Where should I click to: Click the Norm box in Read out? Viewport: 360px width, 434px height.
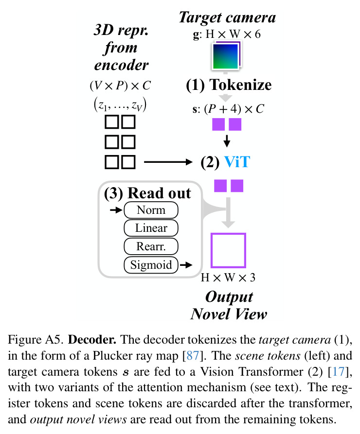tap(151, 210)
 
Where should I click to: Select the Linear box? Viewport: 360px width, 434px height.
tap(151, 228)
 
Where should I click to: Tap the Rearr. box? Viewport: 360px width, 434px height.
tap(151, 246)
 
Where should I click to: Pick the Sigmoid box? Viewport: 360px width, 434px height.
tap(151, 265)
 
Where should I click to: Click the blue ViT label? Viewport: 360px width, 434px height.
tap(237, 162)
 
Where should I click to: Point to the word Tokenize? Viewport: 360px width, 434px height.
tap(240, 85)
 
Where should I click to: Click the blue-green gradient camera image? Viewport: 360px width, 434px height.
tap(226, 56)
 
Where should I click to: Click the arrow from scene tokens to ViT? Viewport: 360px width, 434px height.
tap(168, 162)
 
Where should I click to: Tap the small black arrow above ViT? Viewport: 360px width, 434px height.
tap(227, 141)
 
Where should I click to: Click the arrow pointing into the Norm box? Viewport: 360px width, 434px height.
tap(116, 210)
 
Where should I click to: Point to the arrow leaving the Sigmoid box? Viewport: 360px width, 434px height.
tap(186, 265)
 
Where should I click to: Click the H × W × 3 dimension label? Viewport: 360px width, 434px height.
tap(228, 278)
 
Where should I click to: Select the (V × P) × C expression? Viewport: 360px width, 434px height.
tap(120, 85)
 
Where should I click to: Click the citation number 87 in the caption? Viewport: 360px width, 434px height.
tap(193, 355)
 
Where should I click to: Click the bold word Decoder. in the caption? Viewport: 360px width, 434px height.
tap(92, 339)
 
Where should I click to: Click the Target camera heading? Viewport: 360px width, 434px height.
tap(227, 17)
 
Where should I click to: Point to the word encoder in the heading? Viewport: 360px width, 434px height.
tap(122, 65)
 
